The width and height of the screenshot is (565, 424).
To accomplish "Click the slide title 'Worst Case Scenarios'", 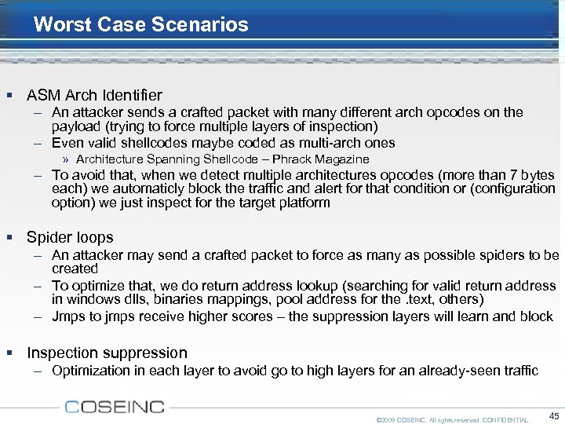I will click(x=141, y=24).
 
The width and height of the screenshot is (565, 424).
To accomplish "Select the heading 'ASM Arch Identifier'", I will click(x=94, y=96).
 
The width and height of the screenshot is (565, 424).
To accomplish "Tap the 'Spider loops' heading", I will click(x=70, y=237).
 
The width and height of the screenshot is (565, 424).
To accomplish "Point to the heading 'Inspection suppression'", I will click(x=107, y=353).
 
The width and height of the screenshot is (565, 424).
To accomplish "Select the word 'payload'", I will click(x=76, y=126).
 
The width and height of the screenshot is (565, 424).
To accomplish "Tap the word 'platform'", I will click(x=302, y=202).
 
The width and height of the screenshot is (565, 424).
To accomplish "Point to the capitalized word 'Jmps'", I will click(x=68, y=316).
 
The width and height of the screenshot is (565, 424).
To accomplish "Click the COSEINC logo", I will click(x=115, y=406).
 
